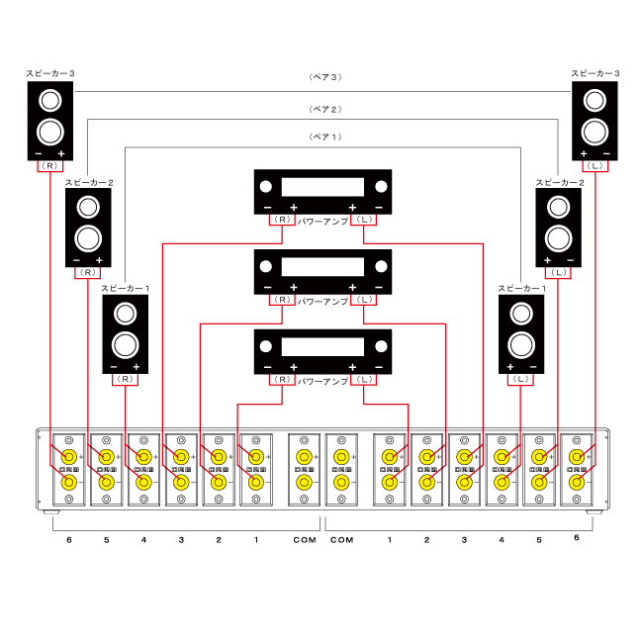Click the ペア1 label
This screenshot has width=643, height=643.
coord(324,137)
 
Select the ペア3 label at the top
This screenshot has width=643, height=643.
coord(324,76)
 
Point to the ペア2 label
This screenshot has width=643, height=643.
coord(324,109)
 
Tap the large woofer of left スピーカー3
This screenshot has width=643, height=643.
coord(50,132)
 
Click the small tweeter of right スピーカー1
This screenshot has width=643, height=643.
coord(520,314)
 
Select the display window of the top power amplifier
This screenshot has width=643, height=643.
coord(322,187)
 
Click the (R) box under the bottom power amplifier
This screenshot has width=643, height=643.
coord(282,379)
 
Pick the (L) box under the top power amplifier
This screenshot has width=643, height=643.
coord(364,219)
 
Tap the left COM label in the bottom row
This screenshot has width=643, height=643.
coord(304,540)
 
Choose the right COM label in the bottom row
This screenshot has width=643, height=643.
coord(341,540)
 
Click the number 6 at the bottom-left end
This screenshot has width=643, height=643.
coord(68,540)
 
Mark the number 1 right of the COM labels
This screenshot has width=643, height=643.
coord(390,540)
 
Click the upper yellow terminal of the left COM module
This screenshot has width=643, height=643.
coord(304,457)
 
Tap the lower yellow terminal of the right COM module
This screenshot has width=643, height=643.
coord(341,482)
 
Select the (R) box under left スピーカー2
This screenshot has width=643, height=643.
coord(88,270)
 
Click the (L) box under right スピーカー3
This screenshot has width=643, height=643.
coord(595,166)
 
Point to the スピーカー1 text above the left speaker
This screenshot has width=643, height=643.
coord(125,288)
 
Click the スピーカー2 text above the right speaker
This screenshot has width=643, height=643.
coord(559,183)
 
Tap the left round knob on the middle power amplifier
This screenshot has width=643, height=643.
coord(266,265)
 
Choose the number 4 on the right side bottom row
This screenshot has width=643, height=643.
coord(502,540)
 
